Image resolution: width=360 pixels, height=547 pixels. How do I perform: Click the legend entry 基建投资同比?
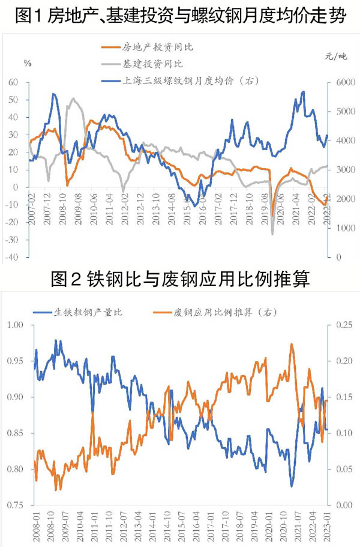(x=143, y=63)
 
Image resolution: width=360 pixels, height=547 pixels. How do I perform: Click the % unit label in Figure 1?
(x=28, y=63)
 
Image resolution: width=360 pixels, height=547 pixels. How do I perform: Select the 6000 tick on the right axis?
(x=339, y=82)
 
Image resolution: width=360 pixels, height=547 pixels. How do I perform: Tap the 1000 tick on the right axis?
(x=339, y=228)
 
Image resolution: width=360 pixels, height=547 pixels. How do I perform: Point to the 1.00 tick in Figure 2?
(x=16, y=325)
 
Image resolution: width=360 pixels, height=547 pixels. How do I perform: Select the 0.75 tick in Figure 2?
(x=16, y=505)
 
